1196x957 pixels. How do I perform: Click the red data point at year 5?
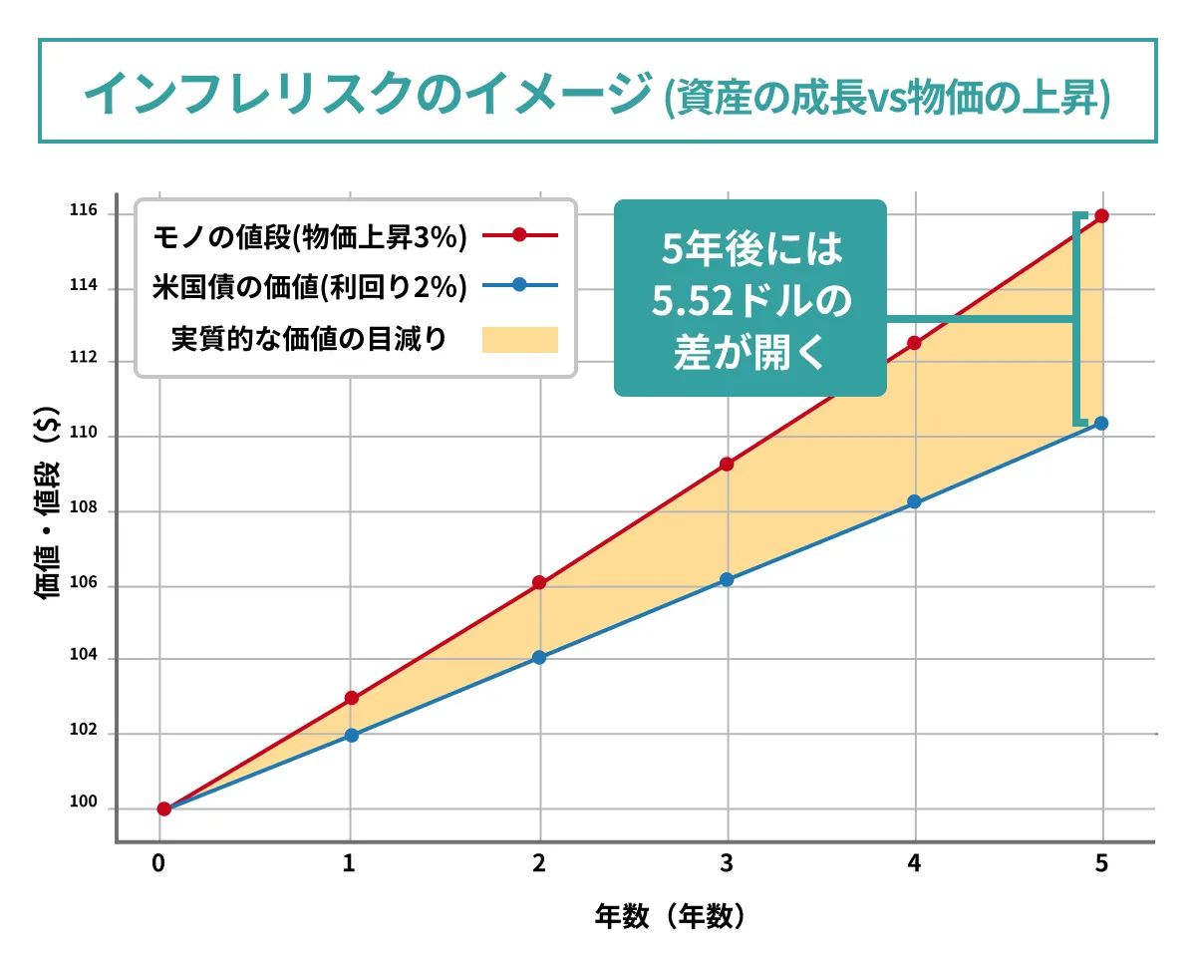[x=1101, y=215]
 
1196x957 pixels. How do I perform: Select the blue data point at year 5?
[x=1101, y=423]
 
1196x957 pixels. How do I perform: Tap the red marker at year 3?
[x=727, y=464]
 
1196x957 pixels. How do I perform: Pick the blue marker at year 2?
[x=539, y=657]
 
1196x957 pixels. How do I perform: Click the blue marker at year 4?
[x=914, y=501]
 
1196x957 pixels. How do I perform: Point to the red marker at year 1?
[x=351, y=698]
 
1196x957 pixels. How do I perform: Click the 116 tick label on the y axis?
[x=84, y=211]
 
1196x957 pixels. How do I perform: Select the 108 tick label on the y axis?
[x=84, y=508]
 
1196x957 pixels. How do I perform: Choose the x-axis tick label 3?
[x=727, y=864]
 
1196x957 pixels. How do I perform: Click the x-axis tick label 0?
[x=158, y=864]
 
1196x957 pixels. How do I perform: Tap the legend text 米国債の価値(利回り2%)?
[x=310, y=287]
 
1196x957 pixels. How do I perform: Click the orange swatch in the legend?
[x=519, y=339]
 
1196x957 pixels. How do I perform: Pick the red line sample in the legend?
[x=519, y=236]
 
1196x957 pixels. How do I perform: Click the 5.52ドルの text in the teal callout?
[x=749, y=300]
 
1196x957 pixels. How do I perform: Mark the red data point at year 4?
[x=914, y=343]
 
